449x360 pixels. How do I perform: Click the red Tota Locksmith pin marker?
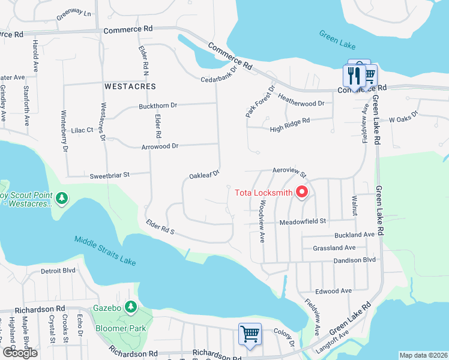click(302, 192)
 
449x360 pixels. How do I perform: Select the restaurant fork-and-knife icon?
click(354, 76)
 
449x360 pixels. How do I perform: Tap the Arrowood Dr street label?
click(160, 146)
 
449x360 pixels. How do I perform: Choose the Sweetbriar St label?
click(110, 175)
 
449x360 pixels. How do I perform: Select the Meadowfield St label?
click(303, 221)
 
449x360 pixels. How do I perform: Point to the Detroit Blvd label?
click(58, 271)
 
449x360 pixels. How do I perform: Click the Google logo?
click(20, 353)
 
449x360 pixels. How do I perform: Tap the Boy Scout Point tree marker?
click(61, 197)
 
